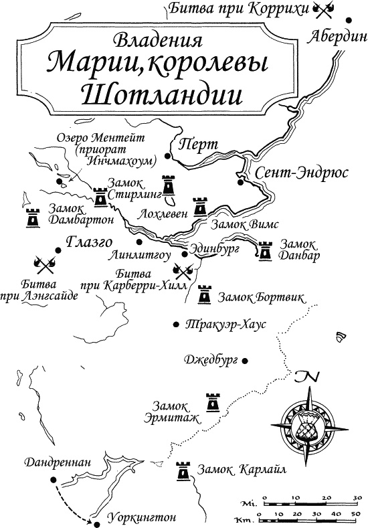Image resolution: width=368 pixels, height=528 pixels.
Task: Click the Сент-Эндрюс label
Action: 293,172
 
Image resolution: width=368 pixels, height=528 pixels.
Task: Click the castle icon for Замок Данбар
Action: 266,251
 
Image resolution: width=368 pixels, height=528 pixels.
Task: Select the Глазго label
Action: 88,242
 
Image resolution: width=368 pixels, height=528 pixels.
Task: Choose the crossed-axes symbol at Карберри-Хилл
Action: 182,270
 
